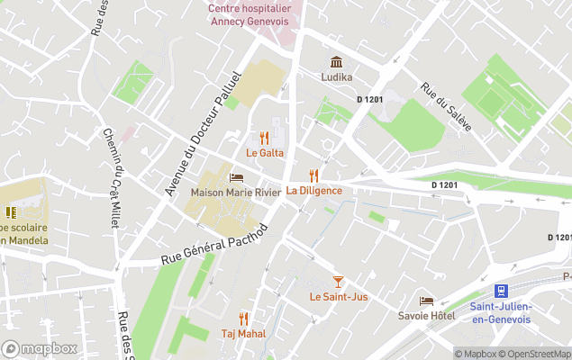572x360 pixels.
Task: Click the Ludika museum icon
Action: coord(336,62)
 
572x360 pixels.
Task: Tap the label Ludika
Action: coord(336,77)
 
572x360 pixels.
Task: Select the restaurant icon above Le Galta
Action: coord(264,138)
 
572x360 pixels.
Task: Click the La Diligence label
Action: coord(313,191)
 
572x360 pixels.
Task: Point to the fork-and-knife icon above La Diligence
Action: coord(313,175)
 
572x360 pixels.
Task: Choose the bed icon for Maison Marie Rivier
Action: coord(236,177)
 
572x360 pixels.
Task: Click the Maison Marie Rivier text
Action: coord(235,193)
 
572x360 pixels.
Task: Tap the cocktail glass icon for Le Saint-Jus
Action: coord(338,282)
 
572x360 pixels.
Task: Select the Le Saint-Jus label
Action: coord(338,297)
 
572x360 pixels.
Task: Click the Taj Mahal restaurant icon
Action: coord(243,319)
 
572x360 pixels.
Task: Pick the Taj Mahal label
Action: coord(243,334)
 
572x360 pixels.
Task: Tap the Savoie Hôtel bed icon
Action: coord(426,301)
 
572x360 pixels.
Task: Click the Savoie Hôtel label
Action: coord(427,316)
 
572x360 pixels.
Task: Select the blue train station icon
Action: coord(501,291)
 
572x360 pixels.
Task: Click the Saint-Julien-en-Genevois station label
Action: coord(500,312)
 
